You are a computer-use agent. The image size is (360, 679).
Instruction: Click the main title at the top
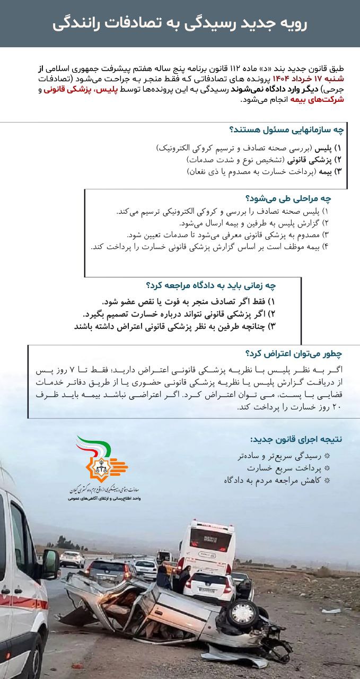click(x=180, y=24)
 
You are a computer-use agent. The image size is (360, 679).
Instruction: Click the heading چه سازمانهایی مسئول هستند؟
click(x=286, y=130)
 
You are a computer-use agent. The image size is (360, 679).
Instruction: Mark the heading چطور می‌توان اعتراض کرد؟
click(x=294, y=353)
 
